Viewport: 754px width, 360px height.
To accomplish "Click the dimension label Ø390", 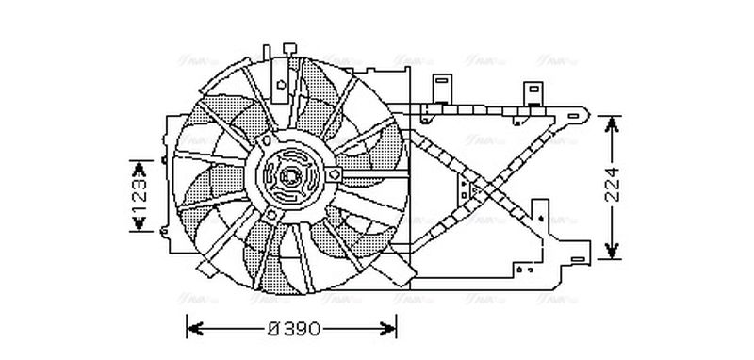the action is pos(294,329).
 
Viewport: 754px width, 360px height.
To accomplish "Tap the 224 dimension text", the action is pos(613,187).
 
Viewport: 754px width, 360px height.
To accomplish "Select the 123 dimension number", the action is pos(139,196).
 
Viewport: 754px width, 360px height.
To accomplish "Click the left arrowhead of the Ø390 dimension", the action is pos(193,329).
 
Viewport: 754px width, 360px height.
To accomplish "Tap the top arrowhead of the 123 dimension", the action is pos(139,167).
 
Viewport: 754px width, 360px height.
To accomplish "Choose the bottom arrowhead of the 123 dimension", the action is pos(139,226).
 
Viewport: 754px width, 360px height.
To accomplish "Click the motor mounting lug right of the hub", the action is pos(335,175).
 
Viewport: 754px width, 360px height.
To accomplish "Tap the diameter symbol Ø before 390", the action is pos(274,329).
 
